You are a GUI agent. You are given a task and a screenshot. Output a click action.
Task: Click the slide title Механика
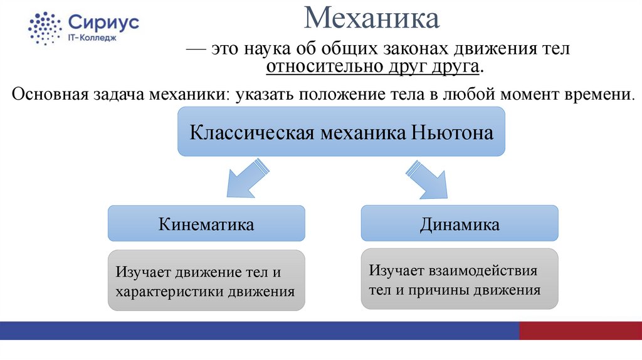[372, 18]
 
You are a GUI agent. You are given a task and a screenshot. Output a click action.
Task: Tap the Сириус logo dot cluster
[45, 28]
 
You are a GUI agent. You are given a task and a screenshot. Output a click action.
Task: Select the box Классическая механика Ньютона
[341, 132]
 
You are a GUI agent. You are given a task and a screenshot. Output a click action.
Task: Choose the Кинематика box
[206, 224]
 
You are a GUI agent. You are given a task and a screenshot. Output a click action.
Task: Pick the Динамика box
[460, 224]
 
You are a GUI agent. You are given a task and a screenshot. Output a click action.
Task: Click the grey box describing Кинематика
[206, 280]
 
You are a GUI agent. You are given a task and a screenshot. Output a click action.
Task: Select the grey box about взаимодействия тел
[460, 278]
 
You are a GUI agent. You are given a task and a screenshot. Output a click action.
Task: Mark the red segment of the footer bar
[581, 331]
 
